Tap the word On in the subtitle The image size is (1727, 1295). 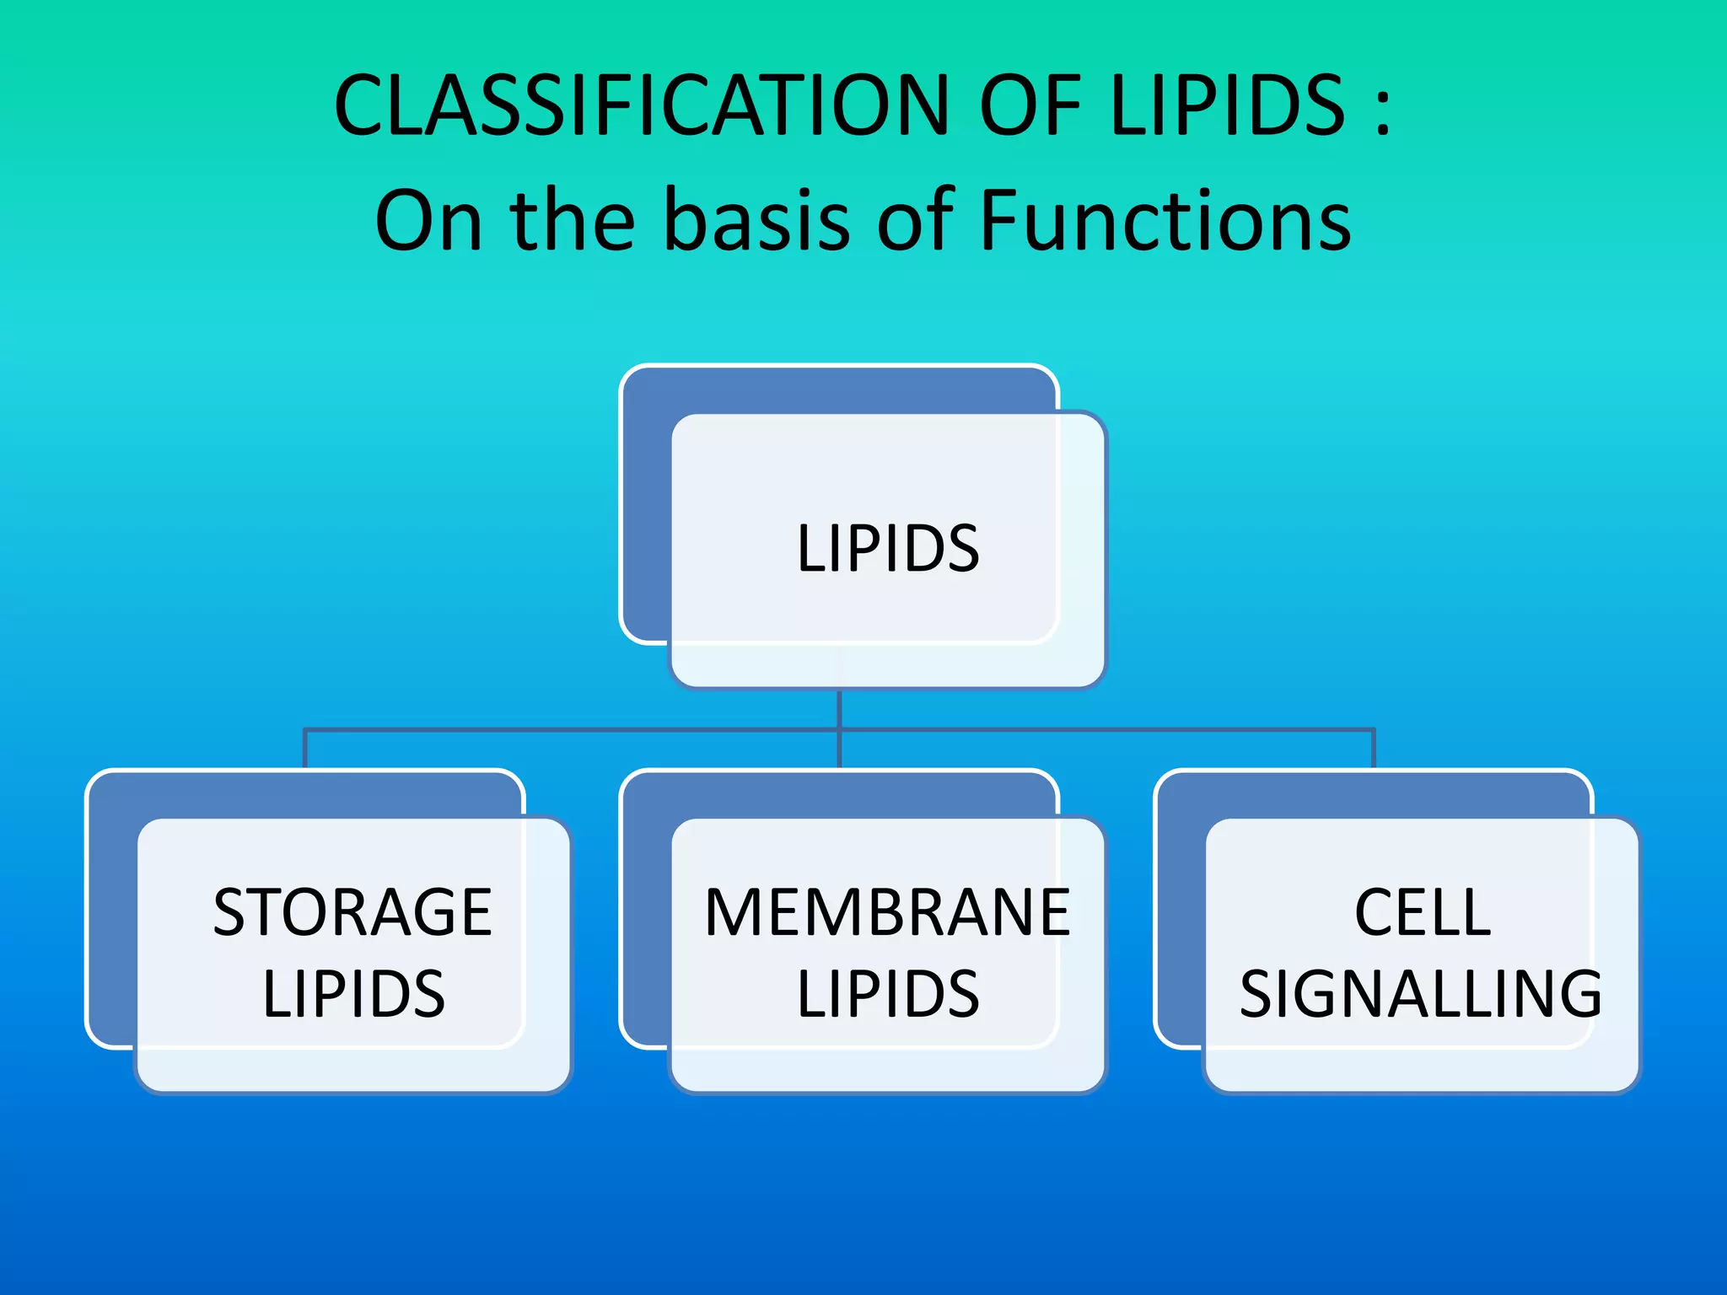tap(429, 221)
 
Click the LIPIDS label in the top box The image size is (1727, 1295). tap(888, 549)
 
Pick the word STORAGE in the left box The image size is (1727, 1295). tap(352, 912)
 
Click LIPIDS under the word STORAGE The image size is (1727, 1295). tap(353, 994)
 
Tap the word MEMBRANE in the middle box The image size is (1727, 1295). tap(887, 912)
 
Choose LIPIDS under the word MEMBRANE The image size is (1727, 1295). tap(888, 994)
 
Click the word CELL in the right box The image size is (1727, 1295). tap(1423, 912)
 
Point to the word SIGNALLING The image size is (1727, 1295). tap(1421, 994)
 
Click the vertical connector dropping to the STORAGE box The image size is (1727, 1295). tap(304, 749)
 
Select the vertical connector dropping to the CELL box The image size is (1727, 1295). tap(1374, 749)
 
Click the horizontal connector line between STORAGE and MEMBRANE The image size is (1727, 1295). tap(572, 729)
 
